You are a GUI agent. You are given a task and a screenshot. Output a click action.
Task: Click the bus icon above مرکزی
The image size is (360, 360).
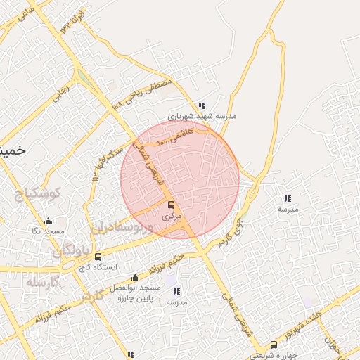[x=172, y=205]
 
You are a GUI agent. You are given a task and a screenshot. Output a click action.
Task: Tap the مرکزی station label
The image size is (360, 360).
[x=172, y=217]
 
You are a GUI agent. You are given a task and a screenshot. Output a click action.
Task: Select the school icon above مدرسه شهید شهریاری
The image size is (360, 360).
[x=202, y=105]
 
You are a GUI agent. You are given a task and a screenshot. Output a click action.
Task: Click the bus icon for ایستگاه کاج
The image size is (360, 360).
[x=98, y=257]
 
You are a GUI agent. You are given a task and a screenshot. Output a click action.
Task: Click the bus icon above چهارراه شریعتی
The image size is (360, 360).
[x=274, y=345]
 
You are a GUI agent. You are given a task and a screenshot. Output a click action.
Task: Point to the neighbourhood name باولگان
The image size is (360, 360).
[x=71, y=250]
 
